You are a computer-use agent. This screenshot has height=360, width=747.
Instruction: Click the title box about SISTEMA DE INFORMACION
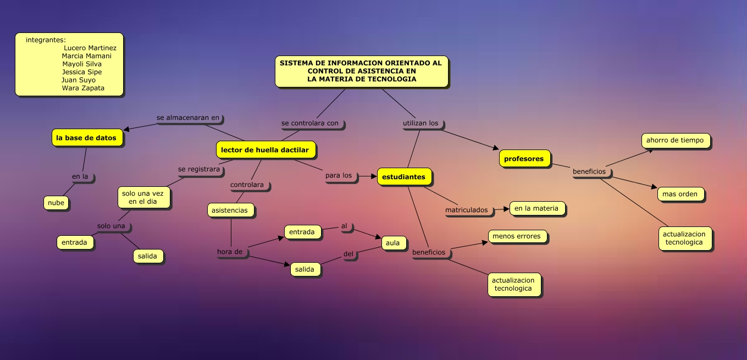361,71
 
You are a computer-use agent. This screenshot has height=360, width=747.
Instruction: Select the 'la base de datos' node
86,138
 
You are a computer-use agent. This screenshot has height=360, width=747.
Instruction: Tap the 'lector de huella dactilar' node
265,149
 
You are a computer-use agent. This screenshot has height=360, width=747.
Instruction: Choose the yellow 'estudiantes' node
403,177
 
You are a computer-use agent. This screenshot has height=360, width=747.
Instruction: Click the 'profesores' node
524,159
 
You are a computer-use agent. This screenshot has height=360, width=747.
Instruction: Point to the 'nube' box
56,203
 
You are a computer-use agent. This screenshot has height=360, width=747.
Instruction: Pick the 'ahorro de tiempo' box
675,140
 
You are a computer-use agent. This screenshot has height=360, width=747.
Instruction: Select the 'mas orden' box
680,194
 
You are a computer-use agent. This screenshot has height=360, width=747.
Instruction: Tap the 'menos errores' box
517,236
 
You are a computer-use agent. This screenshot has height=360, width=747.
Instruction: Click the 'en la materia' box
536,208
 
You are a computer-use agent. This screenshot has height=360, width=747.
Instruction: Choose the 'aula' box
393,243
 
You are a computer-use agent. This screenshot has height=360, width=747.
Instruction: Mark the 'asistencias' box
230,210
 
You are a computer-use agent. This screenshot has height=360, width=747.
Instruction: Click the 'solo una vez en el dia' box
143,197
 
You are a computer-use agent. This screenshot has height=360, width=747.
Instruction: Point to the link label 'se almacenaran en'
188,118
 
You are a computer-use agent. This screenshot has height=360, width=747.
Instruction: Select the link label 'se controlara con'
310,123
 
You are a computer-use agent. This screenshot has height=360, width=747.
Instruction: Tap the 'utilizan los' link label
420,123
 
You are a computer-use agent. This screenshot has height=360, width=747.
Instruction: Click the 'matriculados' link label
466,210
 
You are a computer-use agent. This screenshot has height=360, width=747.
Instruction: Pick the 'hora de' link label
230,252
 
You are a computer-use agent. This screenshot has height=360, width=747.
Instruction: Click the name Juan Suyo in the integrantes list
79,80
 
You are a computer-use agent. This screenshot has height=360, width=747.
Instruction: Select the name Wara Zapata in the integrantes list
83,88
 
